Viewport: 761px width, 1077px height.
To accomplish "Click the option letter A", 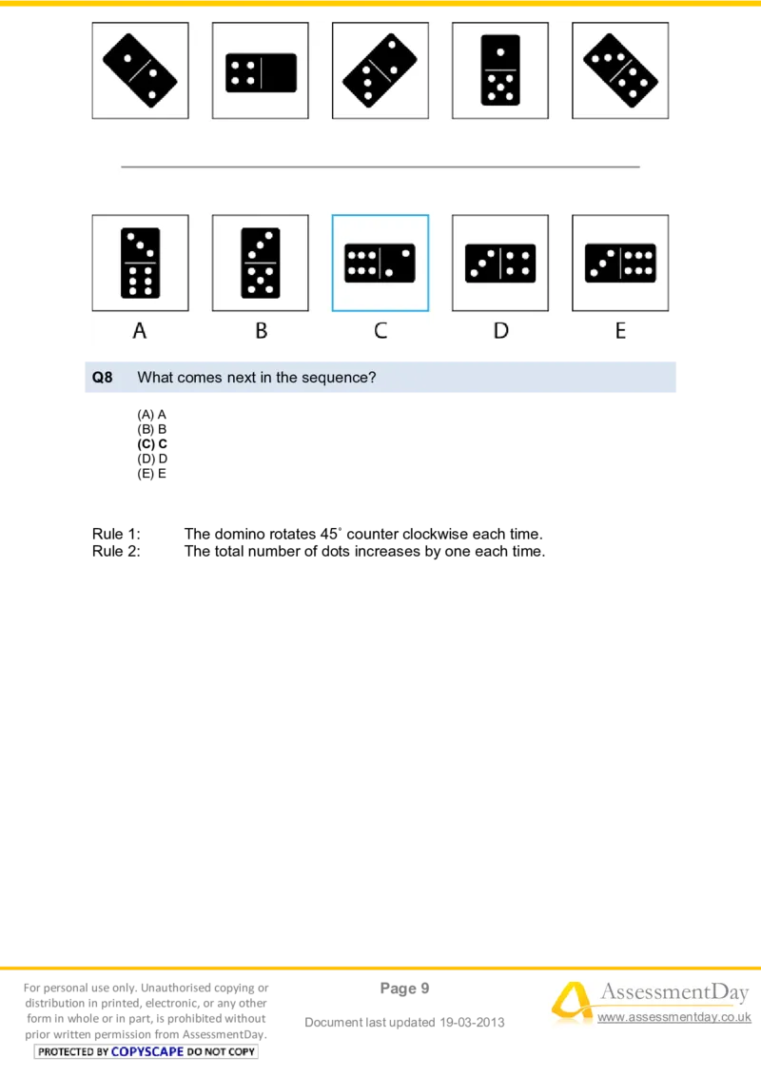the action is click(x=140, y=331).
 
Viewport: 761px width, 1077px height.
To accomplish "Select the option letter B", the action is click(x=261, y=331).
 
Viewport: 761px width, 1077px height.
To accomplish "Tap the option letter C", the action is click(x=380, y=331).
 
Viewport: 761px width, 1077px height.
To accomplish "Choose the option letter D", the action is click(x=500, y=331).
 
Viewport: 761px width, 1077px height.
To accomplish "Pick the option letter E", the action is click(x=620, y=331).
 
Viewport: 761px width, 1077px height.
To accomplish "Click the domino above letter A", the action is click(x=140, y=263).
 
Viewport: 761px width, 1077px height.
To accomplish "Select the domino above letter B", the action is click(x=260, y=263).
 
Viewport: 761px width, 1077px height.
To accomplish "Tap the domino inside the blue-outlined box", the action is click(x=380, y=264).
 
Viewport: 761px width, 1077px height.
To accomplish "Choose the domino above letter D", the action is click(x=500, y=264).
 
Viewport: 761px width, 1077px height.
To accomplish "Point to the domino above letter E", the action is click(x=620, y=264).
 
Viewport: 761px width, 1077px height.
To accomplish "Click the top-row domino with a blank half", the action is click(x=261, y=72).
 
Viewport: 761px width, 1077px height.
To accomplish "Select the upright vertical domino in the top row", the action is click(x=500, y=70).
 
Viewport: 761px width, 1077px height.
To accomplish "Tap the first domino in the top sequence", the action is click(x=140, y=70).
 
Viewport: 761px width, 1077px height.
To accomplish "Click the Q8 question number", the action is click(x=102, y=378).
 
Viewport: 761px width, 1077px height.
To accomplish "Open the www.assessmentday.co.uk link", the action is click(x=673, y=1018).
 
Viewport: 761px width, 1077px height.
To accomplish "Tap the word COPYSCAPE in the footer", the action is click(x=147, y=1051).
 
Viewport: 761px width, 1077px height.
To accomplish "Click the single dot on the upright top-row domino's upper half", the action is click(x=500, y=51).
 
